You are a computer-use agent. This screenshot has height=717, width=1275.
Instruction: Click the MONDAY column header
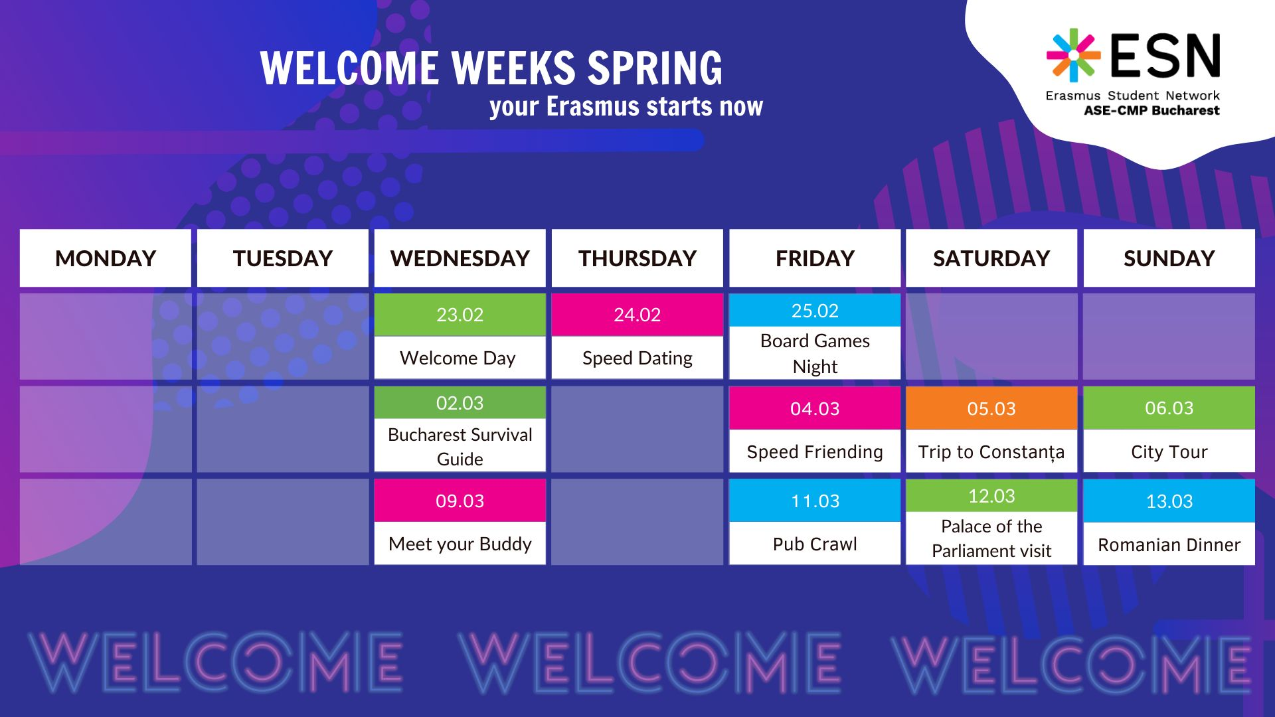(106, 258)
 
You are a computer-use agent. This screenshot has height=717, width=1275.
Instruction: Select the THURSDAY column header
(637, 258)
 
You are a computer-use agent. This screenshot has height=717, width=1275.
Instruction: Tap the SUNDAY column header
(1169, 258)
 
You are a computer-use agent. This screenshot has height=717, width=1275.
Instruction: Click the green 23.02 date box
(460, 315)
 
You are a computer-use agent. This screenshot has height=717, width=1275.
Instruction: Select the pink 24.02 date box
(637, 315)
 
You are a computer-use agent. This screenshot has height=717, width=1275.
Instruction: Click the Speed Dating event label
(637, 358)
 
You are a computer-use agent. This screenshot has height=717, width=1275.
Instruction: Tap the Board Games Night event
(815, 353)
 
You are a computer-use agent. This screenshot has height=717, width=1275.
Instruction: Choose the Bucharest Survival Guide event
(460, 446)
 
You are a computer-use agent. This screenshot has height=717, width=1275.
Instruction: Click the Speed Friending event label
(815, 451)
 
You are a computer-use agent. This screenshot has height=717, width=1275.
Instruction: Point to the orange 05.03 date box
(991, 408)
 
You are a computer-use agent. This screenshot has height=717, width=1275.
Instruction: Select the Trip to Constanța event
(991, 451)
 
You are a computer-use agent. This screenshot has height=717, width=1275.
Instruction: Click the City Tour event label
(1169, 451)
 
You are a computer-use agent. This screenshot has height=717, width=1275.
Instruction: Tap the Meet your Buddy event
(460, 544)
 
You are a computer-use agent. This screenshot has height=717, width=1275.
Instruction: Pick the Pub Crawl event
(815, 544)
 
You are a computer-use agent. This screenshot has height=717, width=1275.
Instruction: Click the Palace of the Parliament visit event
(991, 538)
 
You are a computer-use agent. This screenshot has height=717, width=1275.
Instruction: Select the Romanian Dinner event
(1169, 544)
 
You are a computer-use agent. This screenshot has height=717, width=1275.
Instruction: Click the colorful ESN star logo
(1073, 55)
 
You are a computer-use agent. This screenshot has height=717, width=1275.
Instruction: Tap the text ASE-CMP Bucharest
(1151, 111)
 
